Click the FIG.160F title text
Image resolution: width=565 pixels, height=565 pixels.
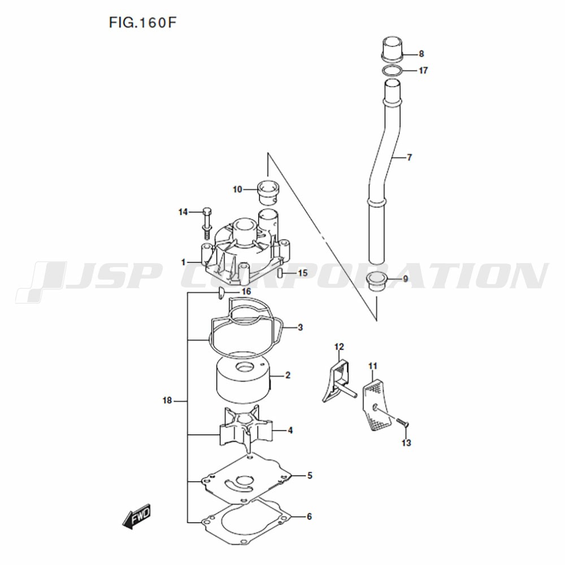[x=143, y=23]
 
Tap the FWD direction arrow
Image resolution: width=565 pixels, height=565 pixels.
[x=137, y=516]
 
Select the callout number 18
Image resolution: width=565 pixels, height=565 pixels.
[x=167, y=401]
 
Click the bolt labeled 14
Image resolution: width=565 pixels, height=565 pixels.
[x=207, y=223]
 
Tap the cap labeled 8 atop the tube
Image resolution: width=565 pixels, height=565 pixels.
[x=392, y=48]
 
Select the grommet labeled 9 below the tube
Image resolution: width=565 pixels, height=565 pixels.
[x=376, y=281]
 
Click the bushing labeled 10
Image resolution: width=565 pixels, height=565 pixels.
[x=268, y=191]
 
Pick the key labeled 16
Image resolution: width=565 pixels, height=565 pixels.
[x=221, y=293]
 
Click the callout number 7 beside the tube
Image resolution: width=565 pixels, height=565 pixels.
[x=409, y=158]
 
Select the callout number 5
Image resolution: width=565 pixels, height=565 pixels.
[x=310, y=476]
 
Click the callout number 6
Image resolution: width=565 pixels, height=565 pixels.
[x=309, y=516]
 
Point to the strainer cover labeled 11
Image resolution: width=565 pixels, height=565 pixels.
[x=376, y=405]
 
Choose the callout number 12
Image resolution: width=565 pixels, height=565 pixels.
[x=339, y=347]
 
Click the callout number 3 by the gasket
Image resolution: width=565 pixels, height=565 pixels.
[x=300, y=328]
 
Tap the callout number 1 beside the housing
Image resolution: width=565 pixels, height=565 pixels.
[x=184, y=262]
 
